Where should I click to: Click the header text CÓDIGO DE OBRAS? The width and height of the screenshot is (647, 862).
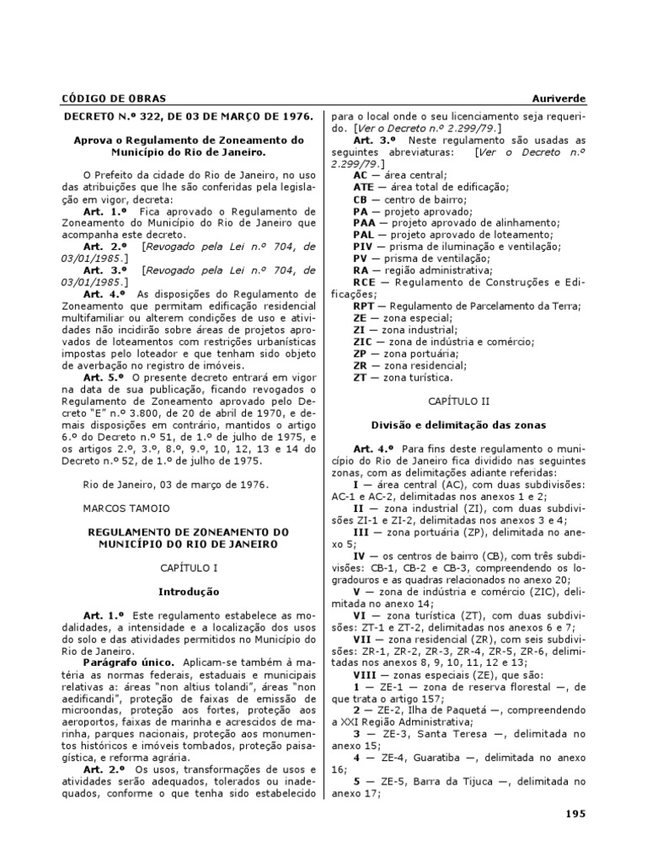110,98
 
